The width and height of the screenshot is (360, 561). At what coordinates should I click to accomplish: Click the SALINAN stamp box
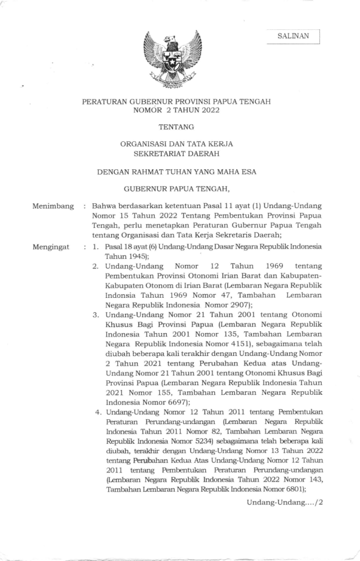(x=294, y=36)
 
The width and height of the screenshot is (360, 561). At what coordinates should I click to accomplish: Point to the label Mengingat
(x=52, y=246)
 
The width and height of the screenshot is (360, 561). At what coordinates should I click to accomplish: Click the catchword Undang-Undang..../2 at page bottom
(x=285, y=501)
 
